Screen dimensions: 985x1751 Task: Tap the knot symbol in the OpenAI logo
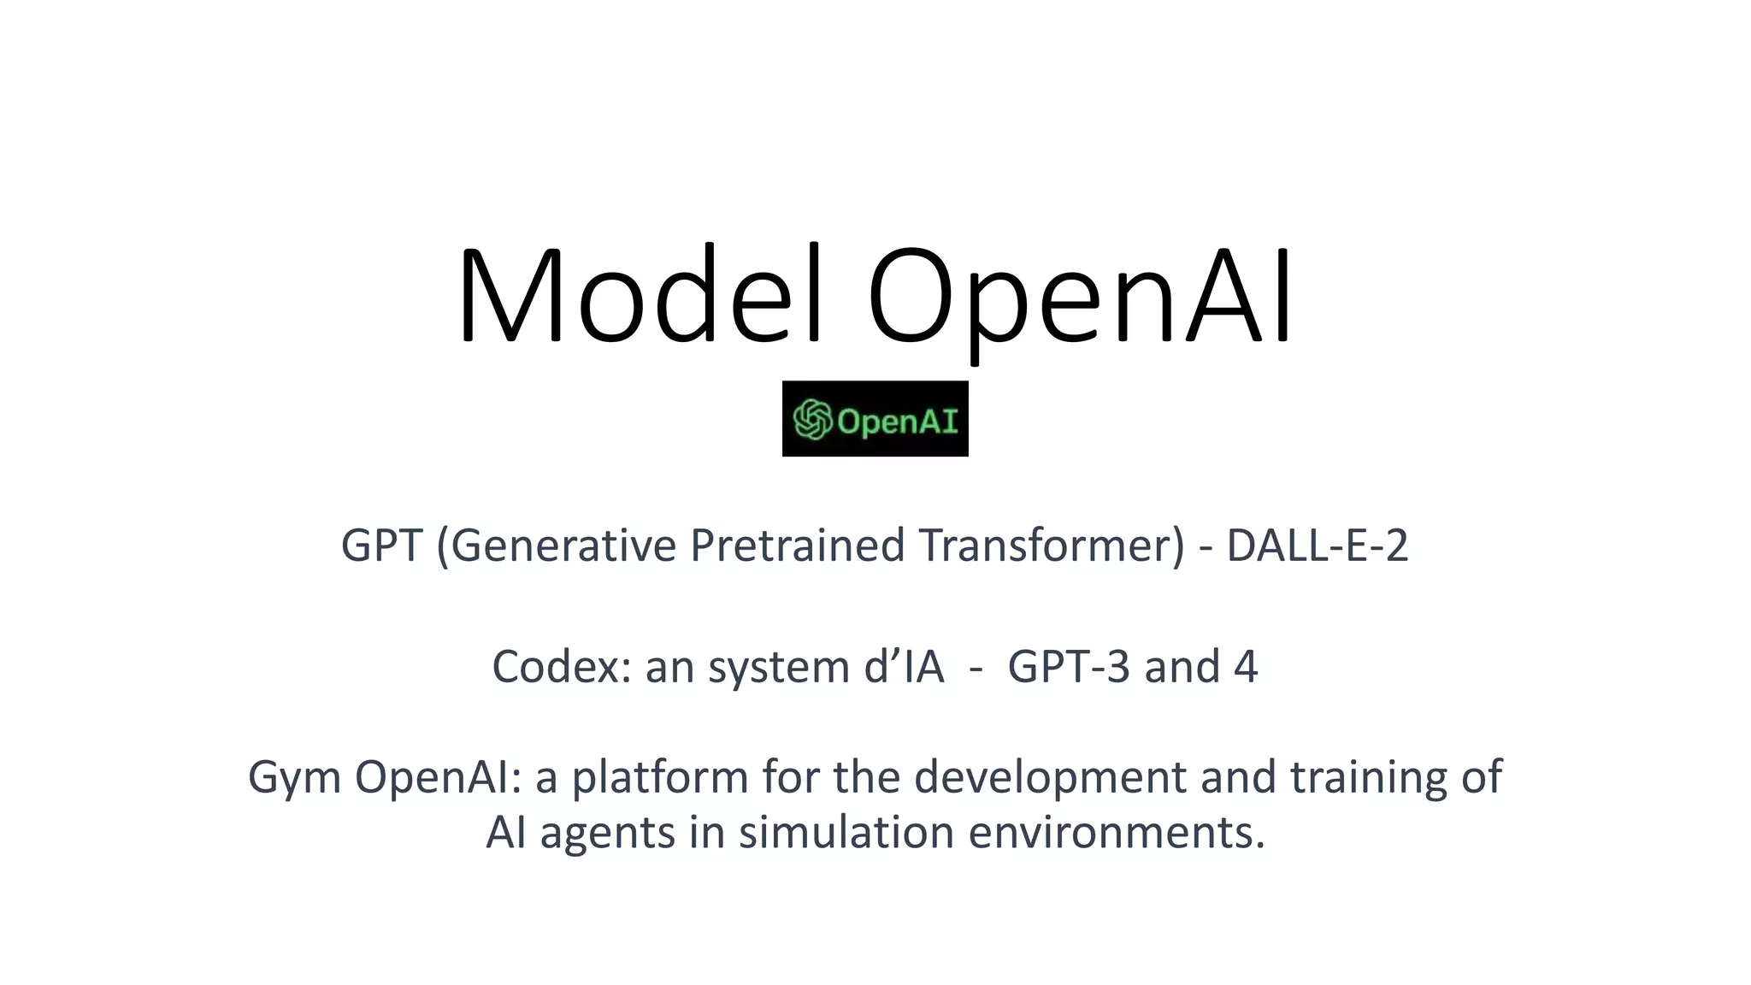click(812, 420)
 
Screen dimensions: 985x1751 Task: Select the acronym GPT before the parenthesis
click(381, 546)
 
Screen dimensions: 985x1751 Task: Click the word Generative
click(563, 546)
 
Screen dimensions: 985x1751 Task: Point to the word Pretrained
click(797, 546)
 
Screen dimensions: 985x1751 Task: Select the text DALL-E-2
click(1317, 546)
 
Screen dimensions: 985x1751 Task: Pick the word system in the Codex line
click(779, 667)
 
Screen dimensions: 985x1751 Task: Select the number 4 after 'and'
click(1246, 667)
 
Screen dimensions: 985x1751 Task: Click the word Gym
click(294, 778)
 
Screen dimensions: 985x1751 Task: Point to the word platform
click(660, 778)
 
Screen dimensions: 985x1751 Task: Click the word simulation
click(846, 833)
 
